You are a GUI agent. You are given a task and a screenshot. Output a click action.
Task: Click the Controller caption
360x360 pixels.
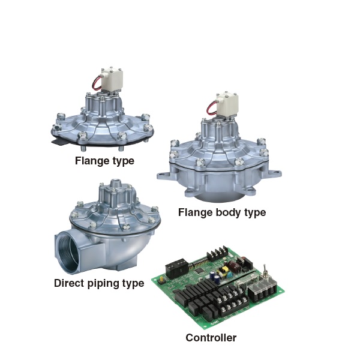211,337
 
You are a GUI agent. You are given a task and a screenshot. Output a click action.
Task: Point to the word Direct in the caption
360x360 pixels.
70,283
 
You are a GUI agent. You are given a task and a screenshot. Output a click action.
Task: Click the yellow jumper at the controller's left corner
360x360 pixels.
161,278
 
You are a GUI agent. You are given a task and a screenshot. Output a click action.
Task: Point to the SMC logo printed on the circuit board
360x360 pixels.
215,322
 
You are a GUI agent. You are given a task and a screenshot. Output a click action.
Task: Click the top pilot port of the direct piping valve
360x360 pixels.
115,184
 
